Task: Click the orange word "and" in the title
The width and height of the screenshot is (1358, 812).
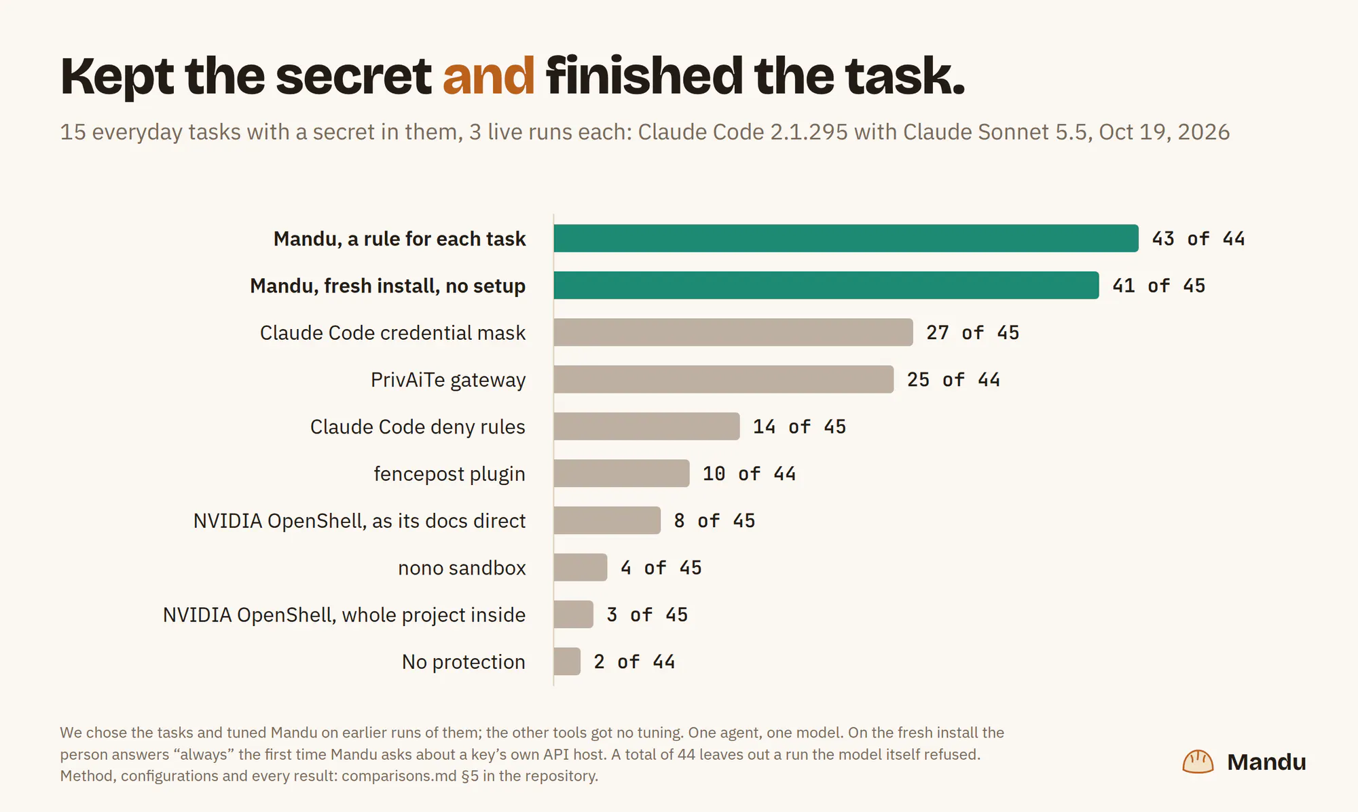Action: coord(488,75)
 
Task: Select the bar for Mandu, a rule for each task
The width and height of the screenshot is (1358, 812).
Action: coord(846,238)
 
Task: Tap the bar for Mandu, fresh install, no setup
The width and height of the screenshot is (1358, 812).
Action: coord(826,286)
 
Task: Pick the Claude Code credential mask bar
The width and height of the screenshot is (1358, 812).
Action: coord(733,332)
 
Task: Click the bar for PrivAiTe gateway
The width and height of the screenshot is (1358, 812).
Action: coord(724,379)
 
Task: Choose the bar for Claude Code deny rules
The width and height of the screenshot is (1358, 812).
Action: coord(646,427)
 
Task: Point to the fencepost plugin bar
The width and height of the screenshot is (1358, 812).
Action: coord(621,473)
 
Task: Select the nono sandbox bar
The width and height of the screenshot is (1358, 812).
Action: coord(581,567)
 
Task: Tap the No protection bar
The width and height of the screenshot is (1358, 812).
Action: coord(567,661)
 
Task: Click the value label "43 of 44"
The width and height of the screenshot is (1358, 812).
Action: coord(1198,239)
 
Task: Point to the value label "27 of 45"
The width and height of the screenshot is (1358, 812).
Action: coord(973,332)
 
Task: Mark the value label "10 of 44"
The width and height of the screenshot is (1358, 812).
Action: coord(749,473)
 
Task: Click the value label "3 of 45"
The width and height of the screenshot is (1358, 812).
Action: coord(647,615)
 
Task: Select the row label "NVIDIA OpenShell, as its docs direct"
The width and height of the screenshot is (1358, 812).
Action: coord(359,521)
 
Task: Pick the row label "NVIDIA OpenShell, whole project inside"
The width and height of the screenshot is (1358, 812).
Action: coord(344,615)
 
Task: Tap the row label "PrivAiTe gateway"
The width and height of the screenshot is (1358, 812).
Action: coord(448,380)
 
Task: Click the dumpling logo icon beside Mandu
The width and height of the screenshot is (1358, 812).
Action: coord(1198,762)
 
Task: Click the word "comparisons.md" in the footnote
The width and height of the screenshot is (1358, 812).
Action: coord(399,776)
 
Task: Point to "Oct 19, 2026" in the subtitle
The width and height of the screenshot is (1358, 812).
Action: coord(1164,132)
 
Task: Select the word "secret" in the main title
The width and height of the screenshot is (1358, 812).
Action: coord(353,75)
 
